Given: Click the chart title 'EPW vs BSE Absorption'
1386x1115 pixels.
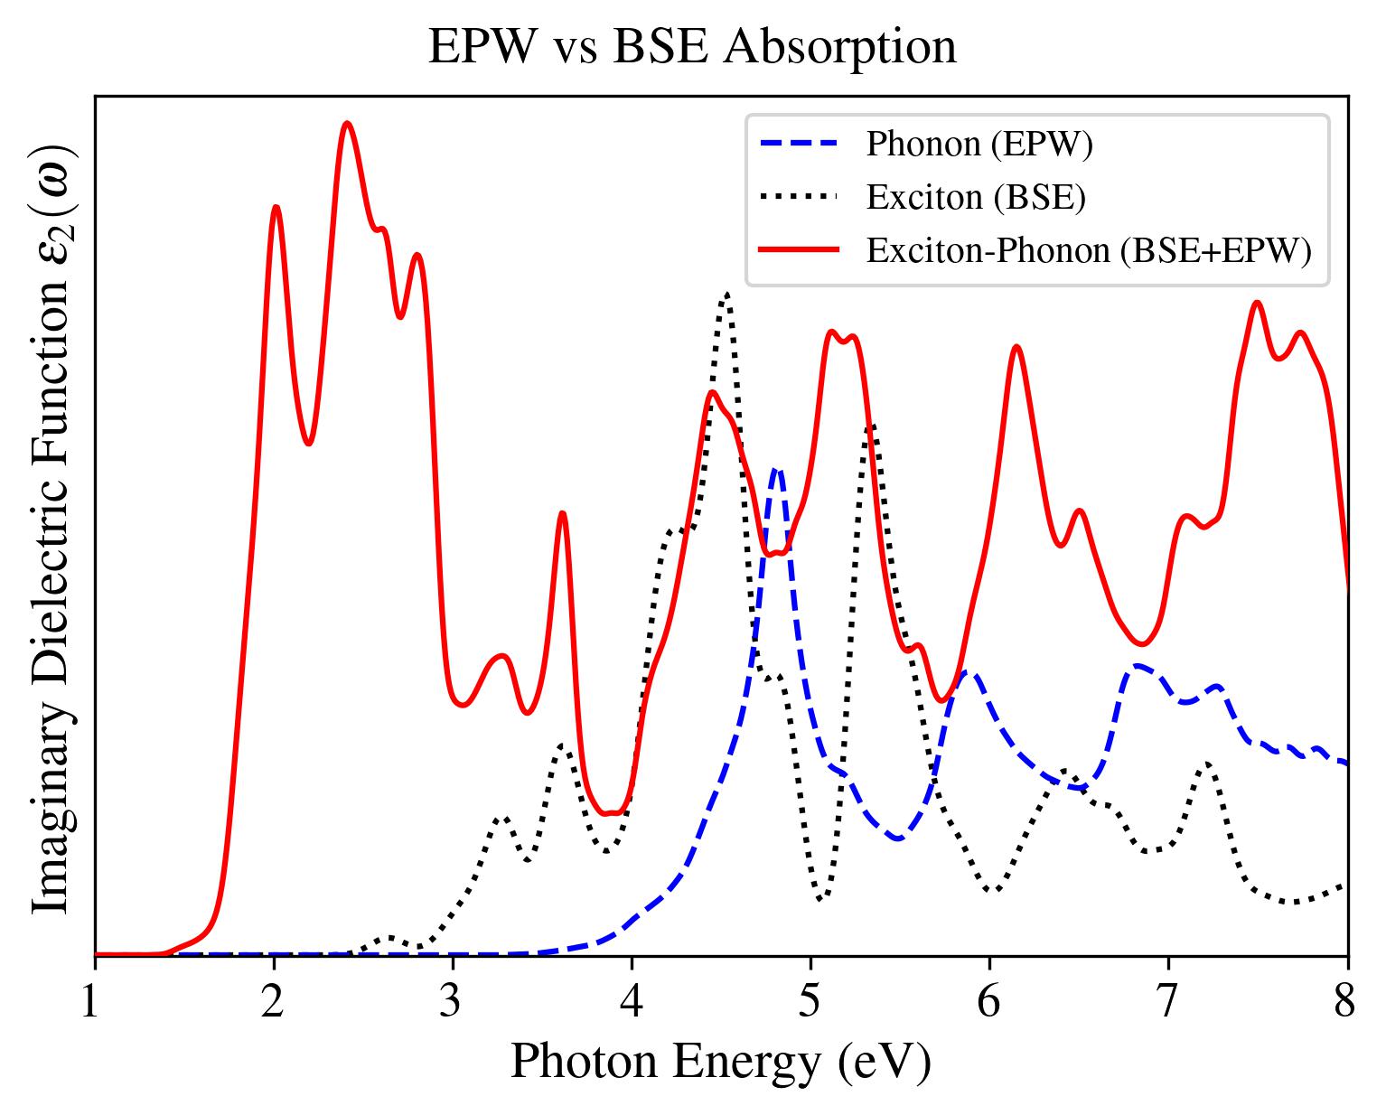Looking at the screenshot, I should point(692,47).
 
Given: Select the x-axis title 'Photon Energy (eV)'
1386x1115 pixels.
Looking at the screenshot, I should point(720,1063).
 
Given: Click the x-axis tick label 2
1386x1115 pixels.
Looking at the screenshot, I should point(273,1003).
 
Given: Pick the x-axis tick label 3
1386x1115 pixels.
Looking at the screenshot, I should point(452,1003).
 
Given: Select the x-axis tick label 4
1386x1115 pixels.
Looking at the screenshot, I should point(632,1003).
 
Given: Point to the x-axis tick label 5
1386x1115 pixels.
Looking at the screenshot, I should point(810,1003).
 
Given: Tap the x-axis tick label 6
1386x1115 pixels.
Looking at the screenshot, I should point(989,1003).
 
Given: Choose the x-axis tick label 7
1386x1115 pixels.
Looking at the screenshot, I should point(1168,1003).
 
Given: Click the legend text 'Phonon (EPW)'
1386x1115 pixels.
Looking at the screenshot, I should point(979,145).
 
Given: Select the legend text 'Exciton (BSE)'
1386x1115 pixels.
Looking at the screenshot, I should point(976,197).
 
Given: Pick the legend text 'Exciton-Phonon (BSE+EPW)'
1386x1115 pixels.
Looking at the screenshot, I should point(1089,250).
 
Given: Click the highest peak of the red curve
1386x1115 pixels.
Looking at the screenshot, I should point(347,124).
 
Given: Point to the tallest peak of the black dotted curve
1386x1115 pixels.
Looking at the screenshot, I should point(726,294).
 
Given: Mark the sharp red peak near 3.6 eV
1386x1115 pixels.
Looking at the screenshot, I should point(562,513).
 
